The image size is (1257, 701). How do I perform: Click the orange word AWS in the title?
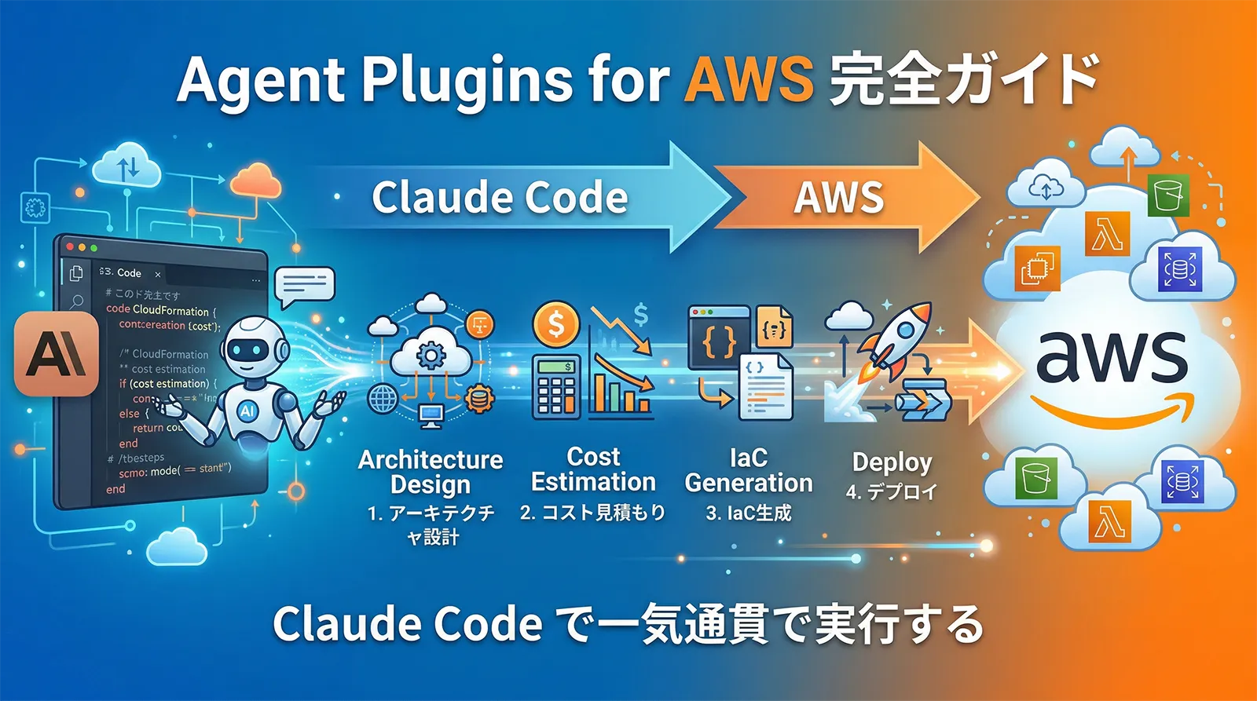[748, 79]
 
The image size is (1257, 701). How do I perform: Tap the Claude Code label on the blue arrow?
[500, 197]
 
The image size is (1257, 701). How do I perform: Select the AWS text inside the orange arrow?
[838, 197]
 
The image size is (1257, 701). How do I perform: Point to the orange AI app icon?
[56, 353]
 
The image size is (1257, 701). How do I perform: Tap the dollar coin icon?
[555, 323]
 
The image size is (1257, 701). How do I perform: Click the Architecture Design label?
[431, 472]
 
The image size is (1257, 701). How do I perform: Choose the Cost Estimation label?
[593, 469]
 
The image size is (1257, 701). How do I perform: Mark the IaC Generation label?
[749, 470]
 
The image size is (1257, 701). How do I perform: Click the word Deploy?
[892, 462]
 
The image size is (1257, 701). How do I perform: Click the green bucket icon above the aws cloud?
[1168, 195]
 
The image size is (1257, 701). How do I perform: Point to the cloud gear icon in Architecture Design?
[431, 357]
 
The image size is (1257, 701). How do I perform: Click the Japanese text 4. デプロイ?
[892, 492]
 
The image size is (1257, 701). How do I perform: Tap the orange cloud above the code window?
[256, 182]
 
